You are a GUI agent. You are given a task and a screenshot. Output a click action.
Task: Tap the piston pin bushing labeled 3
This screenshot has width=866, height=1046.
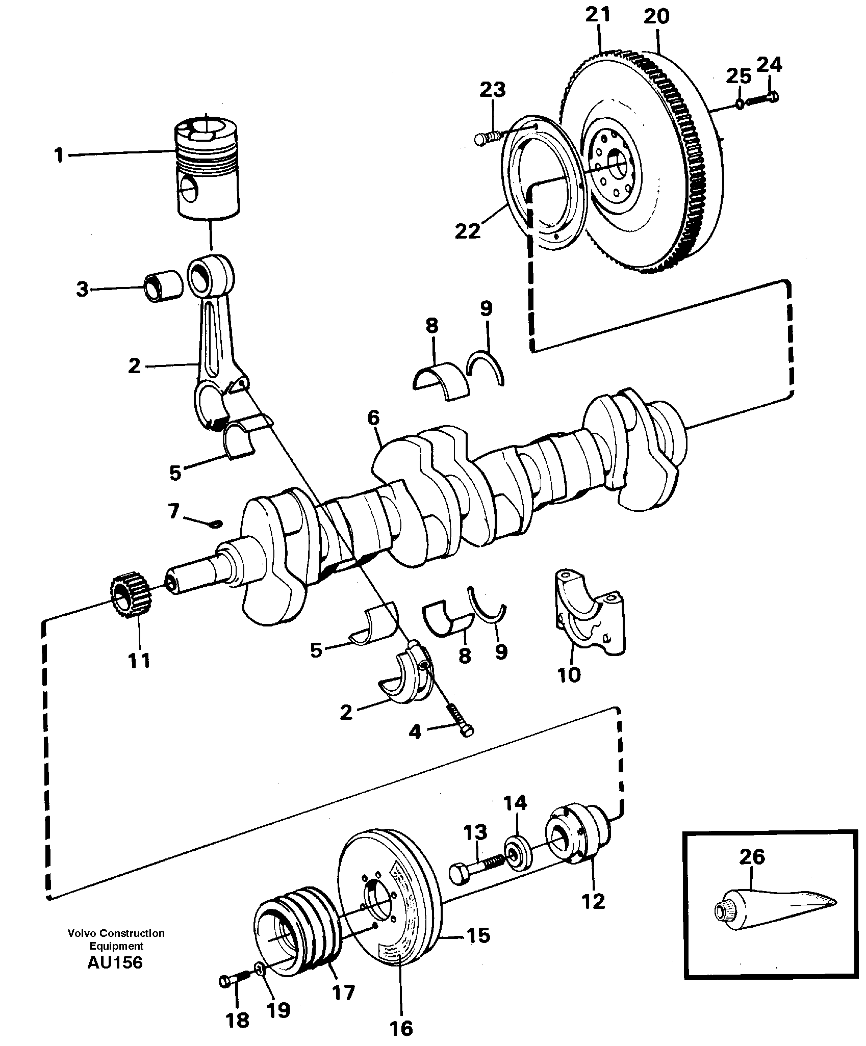coord(164,288)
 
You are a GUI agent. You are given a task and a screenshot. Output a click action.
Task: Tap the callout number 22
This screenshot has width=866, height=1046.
coord(467,231)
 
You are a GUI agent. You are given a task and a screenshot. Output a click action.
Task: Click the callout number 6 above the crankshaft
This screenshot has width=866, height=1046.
coord(373,418)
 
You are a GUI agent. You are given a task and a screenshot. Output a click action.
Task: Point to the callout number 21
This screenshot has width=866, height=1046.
coord(598,15)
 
